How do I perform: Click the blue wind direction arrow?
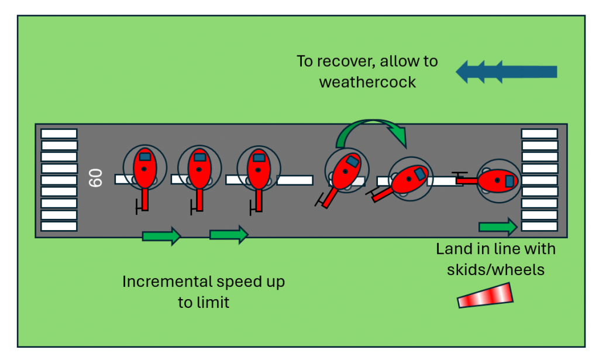coord(506,72)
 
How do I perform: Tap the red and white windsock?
coord(485,296)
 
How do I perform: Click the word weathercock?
coord(367,81)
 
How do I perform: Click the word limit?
coord(212,303)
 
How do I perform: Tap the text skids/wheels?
coord(495,270)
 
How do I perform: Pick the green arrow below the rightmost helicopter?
coord(498,227)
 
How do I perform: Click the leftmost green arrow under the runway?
coord(161,236)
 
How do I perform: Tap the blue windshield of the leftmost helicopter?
coord(144,156)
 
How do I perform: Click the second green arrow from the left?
coord(229,235)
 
